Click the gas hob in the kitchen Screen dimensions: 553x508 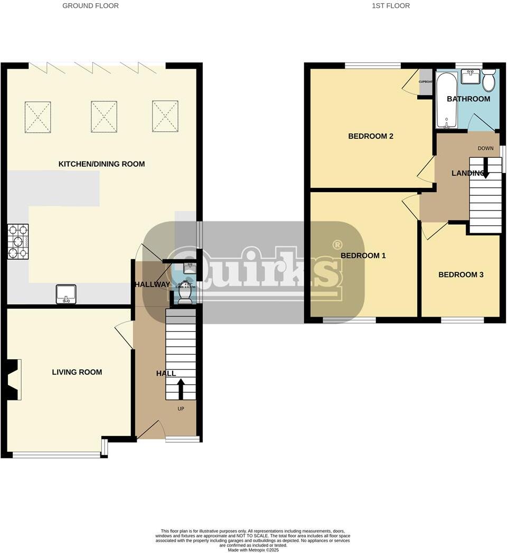18,242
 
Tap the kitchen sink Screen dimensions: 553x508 67,294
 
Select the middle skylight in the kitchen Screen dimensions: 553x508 104,117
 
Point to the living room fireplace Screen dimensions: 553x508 13,379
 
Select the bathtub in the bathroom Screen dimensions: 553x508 446,100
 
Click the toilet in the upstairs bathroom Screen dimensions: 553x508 488,81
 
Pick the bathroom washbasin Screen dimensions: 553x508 470,77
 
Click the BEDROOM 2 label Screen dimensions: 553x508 371,136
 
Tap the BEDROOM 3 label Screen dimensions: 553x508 460,274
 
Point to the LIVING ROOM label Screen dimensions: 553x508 77,372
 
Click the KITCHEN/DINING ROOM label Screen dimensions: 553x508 101,164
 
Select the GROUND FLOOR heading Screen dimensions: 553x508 90,6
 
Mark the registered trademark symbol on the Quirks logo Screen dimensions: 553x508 336,245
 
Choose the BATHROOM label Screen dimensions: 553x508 468,99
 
